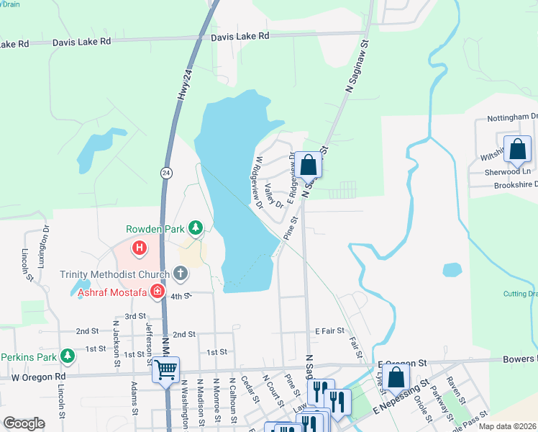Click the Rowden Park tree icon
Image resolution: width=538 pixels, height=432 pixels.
tap(195, 228)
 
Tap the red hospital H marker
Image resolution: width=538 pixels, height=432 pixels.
tap(140, 248)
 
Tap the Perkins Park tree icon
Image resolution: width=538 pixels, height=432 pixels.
tap(67, 356)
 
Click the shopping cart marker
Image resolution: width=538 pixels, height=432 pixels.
tap(165, 370)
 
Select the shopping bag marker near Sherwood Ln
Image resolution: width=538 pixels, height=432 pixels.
tap(517, 150)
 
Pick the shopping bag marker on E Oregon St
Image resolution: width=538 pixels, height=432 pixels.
tap(396, 377)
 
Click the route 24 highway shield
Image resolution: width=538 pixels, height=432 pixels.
tap(166, 173)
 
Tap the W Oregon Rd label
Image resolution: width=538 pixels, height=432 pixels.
tap(38, 377)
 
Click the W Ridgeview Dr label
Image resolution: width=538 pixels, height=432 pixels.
tap(255, 179)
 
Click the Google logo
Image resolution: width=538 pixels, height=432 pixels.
tap(24, 423)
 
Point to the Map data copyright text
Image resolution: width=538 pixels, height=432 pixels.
tap(507, 426)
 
